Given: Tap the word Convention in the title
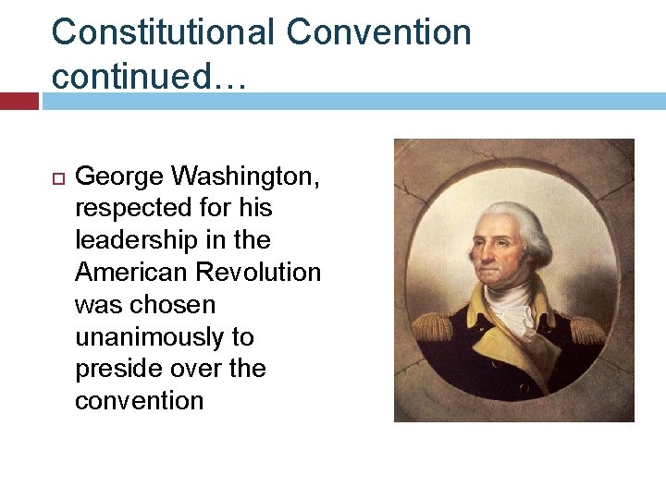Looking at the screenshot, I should [379, 32].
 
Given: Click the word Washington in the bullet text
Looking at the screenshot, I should [253, 176].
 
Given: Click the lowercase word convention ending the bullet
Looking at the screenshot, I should [139, 401].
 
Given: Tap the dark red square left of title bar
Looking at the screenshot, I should [18, 100].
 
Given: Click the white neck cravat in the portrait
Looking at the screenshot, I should [509, 305].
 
